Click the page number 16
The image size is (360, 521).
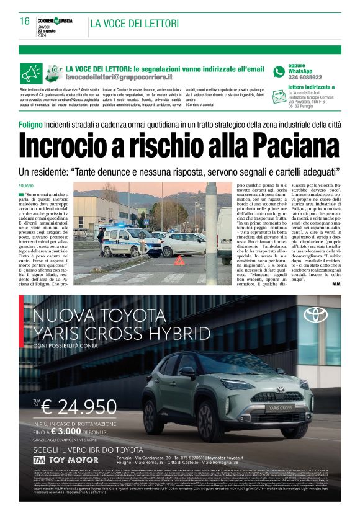(x=25, y=21)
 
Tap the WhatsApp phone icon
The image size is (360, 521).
(x=279, y=72)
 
